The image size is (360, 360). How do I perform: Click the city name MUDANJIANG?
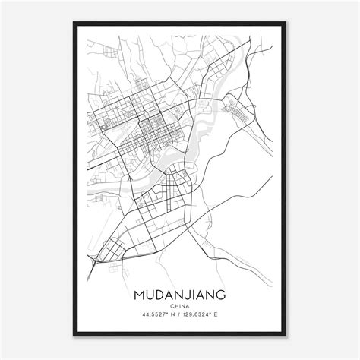pos(180,292)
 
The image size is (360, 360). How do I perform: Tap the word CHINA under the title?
pos(180,304)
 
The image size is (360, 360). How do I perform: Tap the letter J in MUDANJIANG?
pos(185,292)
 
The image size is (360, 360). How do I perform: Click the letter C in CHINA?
pos(171,304)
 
